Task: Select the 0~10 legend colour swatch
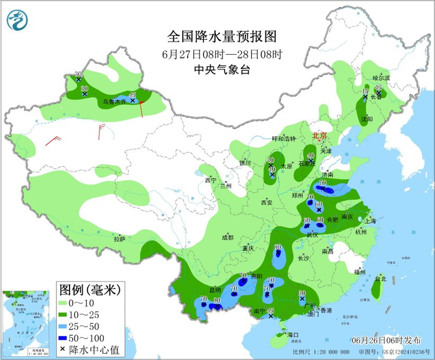pos(63,302)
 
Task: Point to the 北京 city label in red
pos(319,135)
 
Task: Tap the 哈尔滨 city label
pos(380,78)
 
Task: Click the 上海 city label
pos(371,221)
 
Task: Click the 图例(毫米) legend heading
pos(89,289)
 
